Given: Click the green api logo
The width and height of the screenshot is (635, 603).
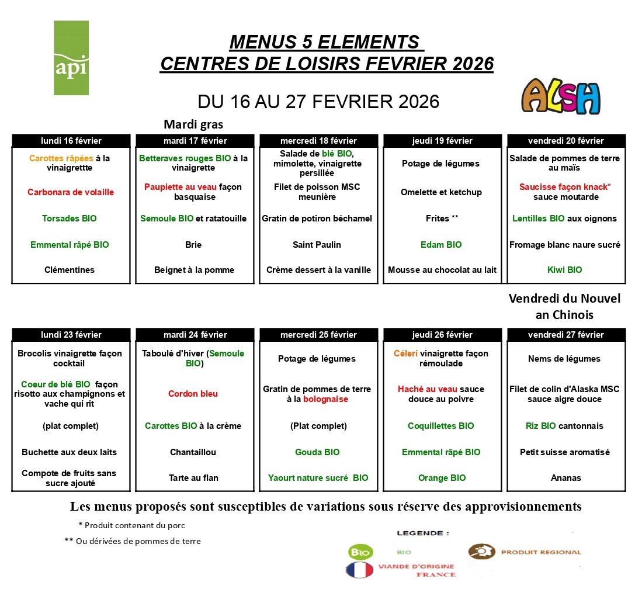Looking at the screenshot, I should (71, 58).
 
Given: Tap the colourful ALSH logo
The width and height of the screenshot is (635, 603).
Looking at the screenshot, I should (560, 97).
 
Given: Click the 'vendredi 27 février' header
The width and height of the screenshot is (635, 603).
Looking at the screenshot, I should (565, 335).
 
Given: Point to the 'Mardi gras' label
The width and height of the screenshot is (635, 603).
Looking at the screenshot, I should (193, 124).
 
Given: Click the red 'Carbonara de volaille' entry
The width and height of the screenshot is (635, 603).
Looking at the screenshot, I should (71, 192).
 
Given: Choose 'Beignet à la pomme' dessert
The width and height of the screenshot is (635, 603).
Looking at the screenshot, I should (194, 270).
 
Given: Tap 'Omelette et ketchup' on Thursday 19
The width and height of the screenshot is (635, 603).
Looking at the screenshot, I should (442, 192).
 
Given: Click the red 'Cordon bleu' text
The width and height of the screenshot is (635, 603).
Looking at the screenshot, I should (193, 394).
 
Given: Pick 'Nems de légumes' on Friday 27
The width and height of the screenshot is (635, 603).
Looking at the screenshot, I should (564, 359).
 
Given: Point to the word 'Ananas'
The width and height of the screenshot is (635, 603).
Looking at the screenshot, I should (565, 478).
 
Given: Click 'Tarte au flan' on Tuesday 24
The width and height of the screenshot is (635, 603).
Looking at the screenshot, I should (193, 478).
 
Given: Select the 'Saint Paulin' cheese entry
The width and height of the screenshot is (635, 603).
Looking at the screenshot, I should (317, 245).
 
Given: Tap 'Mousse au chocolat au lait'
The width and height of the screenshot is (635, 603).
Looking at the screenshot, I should (442, 270).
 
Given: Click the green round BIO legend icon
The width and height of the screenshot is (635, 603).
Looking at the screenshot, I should (360, 552).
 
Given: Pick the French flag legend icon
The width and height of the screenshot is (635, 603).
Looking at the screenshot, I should (359, 570).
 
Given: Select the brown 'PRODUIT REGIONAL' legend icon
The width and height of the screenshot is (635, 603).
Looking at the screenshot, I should (482, 551).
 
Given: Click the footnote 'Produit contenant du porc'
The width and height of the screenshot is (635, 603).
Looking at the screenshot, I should (131, 525).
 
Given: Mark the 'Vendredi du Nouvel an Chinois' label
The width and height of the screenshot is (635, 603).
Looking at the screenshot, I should (564, 307).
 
